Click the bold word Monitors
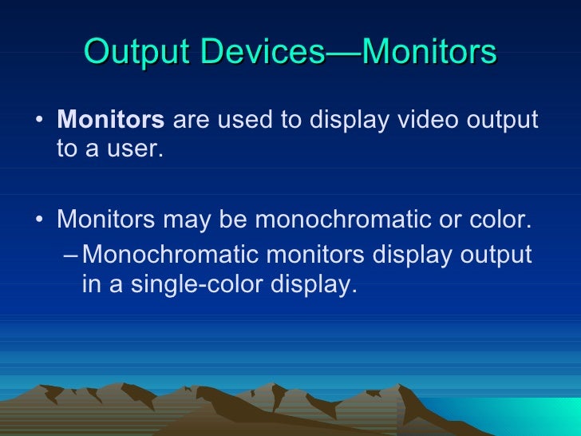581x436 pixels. click(111, 121)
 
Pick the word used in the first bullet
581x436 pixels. click(247, 121)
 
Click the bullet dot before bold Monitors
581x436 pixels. click(40, 122)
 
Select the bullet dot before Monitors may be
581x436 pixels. click(40, 220)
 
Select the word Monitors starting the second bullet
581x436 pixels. click(108, 218)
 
